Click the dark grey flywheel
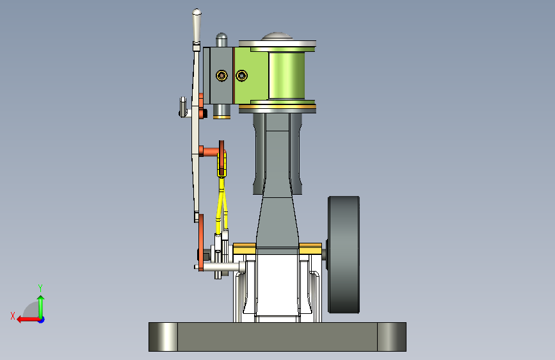click(344, 254)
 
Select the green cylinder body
click(287, 75)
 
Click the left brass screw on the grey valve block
click(221, 75)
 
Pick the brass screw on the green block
click(242, 76)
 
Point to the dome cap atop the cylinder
click(277, 36)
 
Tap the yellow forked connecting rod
click(222, 199)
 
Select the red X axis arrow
click(28, 320)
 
